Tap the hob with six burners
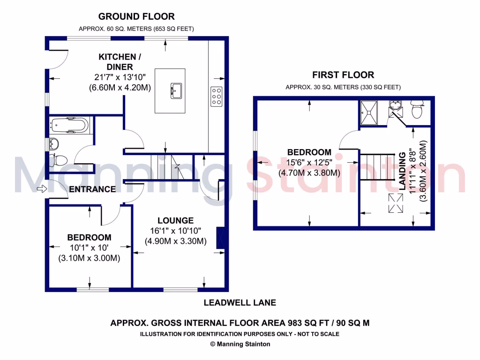click(217, 97)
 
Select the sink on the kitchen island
click(176, 91)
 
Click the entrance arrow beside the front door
click(42, 189)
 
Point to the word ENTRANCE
click(92, 189)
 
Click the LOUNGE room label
click(176, 220)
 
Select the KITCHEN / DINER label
click(120, 62)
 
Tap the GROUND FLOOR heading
click(136, 16)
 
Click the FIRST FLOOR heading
click(343, 75)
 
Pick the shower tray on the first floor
click(369, 112)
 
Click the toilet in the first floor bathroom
click(417, 109)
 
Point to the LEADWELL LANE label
click(240, 303)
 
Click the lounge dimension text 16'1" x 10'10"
click(175, 231)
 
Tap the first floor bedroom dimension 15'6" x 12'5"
click(309, 163)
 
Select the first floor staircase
click(377, 167)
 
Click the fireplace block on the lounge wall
click(220, 238)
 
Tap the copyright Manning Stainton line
click(240, 344)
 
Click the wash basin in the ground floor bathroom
click(54, 143)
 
